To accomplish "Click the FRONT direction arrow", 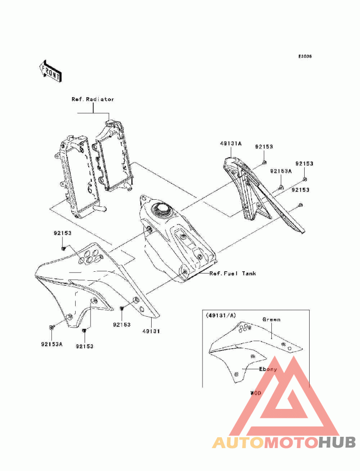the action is [x=50, y=72].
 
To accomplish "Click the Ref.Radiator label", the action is [x=93, y=99].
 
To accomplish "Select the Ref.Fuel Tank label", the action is [x=233, y=274].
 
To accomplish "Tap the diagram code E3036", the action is [x=305, y=56].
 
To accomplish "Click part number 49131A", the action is [x=230, y=144].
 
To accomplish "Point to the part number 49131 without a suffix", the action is [x=151, y=332].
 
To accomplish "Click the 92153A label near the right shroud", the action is [x=281, y=171].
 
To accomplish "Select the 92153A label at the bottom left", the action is [x=52, y=344].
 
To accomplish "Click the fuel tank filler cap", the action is [x=162, y=208].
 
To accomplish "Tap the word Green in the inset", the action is [x=271, y=319].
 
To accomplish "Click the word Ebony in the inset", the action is [x=268, y=369].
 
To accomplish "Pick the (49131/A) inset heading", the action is [x=221, y=315].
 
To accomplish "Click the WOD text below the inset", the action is [x=256, y=393].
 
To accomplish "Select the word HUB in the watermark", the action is [x=337, y=443].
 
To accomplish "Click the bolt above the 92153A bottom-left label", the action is [x=51, y=327].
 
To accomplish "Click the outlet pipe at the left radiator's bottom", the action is [x=100, y=208].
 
